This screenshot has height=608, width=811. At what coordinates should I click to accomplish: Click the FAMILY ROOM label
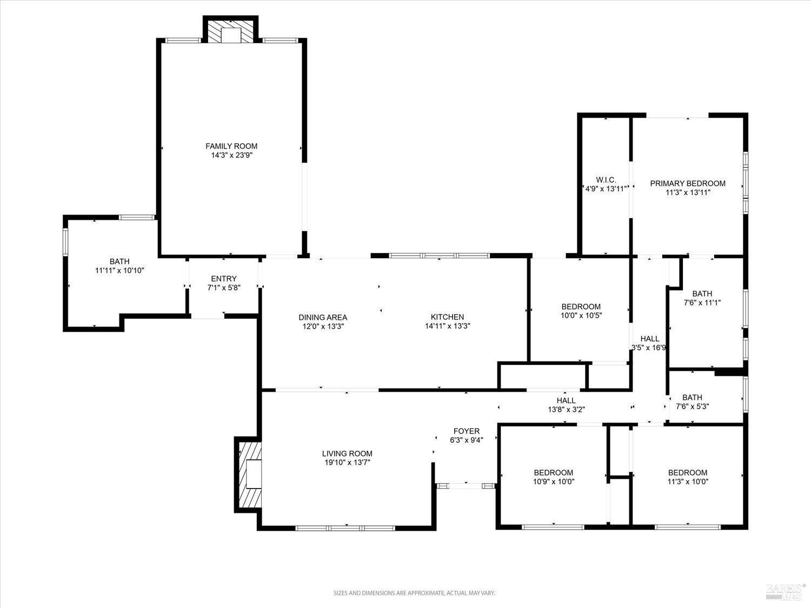[231, 146]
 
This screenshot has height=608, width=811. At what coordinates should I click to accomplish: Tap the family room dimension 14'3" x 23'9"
[231, 155]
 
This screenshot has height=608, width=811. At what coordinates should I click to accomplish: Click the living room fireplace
[249, 474]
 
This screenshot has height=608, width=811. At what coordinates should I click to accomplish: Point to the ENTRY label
[223, 278]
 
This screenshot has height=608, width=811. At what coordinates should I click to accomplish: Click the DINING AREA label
[323, 317]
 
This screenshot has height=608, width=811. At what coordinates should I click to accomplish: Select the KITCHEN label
[447, 317]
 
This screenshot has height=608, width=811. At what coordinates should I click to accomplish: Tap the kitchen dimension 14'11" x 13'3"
[447, 326]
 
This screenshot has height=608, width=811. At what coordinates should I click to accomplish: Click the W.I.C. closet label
[606, 179]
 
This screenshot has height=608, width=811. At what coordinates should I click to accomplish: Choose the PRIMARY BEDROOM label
[688, 183]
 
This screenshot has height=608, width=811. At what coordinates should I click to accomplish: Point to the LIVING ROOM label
[347, 453]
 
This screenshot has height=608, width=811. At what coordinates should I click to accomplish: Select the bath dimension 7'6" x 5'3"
[692, 406]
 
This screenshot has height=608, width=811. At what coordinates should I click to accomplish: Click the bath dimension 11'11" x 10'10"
[119, 270]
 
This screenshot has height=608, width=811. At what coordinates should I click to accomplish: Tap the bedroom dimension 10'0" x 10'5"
[581, 316]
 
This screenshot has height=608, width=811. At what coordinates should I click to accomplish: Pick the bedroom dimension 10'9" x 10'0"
[553, 482]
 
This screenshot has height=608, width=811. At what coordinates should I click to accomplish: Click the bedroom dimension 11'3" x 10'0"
[687, 482]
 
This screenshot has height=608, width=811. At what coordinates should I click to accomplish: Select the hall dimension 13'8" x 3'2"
[566, 409]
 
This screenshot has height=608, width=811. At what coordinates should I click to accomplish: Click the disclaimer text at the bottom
[414, 593]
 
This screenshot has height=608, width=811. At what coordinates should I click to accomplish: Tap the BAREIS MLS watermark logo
[786, 590]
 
